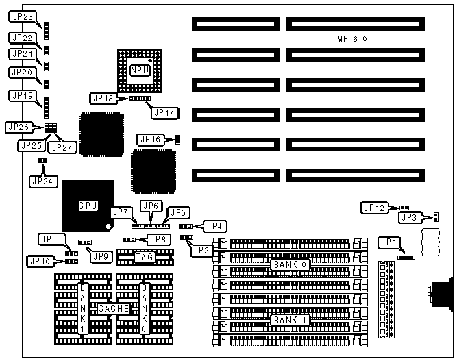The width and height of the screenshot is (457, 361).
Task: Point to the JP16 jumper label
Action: click(x=149, y=139)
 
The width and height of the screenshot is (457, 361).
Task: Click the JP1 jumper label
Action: click(x=388, y=240)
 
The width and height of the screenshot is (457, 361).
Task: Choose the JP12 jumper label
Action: click(x=375, y=207)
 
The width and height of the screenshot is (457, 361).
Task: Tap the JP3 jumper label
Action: click(x=409, y=218)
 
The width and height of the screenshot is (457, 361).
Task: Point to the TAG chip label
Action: click(x=144, y=258)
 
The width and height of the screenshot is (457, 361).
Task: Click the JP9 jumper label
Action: click(x=101, y=256)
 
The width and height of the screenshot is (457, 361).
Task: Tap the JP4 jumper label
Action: click(x=216, y=225)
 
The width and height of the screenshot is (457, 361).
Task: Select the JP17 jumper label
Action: click(x=164, y=112)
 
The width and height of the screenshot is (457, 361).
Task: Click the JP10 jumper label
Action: click(x=38, y=261)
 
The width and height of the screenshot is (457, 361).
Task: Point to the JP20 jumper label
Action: click(x=22, y=72)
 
